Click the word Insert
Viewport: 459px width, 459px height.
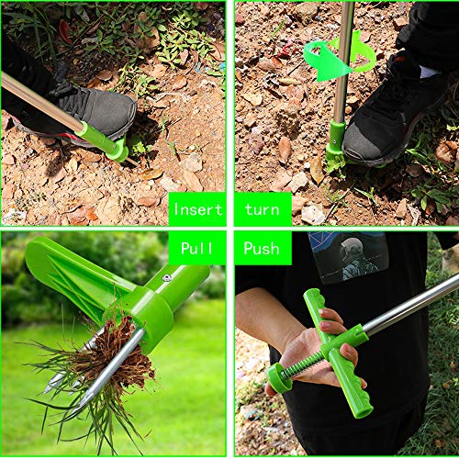click(197, 209)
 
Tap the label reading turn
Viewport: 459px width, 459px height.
click(262, 209)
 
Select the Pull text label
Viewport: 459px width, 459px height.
click(197, 248)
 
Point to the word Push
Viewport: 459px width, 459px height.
click(262, 248)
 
